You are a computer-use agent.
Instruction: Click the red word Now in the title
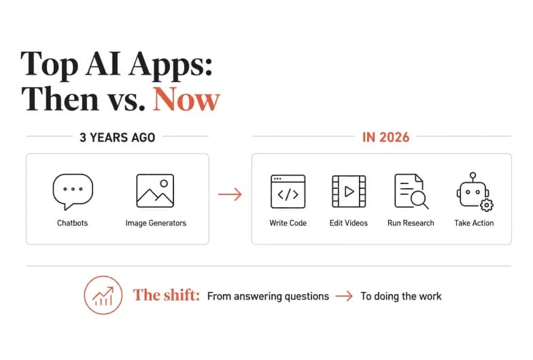[x=186, y=99]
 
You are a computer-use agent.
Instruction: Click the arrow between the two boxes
[x=230, y=194]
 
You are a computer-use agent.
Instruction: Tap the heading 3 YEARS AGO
[x=117, y=137]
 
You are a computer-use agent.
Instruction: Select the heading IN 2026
[x=386, y=137]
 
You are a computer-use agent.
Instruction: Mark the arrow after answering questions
[x=344, y=296]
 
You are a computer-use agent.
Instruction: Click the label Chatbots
[x=72, y=223]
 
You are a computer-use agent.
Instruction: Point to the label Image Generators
[x=156, y=223]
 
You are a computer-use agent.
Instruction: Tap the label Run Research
[x=411, y=223]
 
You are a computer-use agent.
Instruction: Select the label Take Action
[x=474, y=223]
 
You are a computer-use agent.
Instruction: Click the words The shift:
[x=166, y=295]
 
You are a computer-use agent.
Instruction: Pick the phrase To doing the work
[x=401, y=296]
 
